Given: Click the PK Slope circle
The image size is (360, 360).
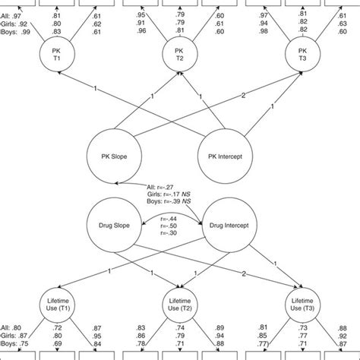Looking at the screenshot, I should point(114,157).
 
